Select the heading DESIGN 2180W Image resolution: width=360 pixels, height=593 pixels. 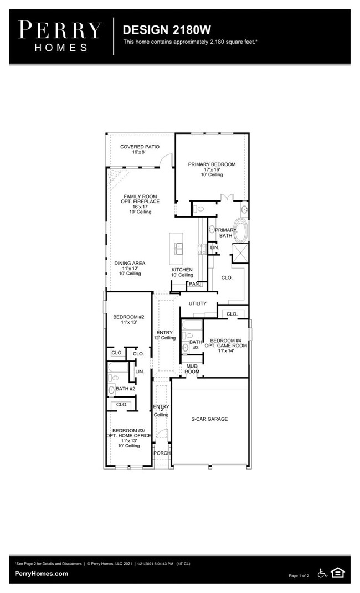click(167, 29)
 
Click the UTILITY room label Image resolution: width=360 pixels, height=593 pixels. click(197, 303)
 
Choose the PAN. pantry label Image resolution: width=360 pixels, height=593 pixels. click(193, 284)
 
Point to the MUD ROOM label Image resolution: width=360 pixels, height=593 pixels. click(192, 369)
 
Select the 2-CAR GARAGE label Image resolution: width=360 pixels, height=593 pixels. click(209, 419)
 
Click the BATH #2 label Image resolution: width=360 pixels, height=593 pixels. click(126, 389)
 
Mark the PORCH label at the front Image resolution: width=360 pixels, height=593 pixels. click(162, 453)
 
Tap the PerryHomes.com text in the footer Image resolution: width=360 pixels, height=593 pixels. click(42, 574)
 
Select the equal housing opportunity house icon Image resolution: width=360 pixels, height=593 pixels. click(338, 573)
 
